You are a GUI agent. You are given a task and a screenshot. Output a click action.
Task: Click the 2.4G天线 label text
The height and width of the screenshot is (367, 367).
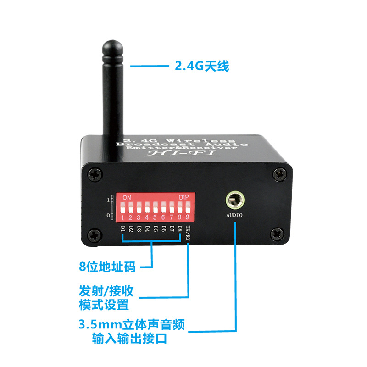[202, 67]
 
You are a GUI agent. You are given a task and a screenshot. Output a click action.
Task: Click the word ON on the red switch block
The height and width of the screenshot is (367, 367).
[127, 197]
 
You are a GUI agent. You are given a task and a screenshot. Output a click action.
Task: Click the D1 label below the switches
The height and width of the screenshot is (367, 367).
[122, 228]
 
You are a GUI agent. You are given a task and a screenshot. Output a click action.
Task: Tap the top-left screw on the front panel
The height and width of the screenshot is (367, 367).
[95, 174]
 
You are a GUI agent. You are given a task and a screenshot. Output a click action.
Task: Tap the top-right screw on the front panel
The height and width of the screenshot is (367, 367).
[279, 174]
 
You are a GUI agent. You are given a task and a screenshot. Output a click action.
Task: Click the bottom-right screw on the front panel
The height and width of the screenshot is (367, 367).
[278, 234]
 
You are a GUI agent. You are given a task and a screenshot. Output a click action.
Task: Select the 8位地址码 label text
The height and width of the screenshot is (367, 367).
[108, 266]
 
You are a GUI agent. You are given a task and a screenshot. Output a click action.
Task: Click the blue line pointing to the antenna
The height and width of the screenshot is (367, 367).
[150, 67]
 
